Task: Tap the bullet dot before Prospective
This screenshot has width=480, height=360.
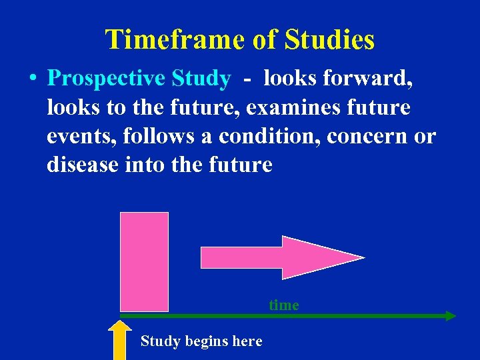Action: pyautogui.click(x=33, y=79)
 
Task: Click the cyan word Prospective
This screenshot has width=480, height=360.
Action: pyautogui.click(x=107, y=79)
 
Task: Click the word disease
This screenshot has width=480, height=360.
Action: pyautogui.click(x=83, y=165)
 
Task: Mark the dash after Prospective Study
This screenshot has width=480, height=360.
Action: pyautogui.click(x=247, y=79)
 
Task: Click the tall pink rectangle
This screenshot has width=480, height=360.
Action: pyautogui.click(x=144, y=261)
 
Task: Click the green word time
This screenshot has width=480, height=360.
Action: pyautogui.click(x=284, y=305)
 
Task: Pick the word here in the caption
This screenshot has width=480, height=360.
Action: pyautogui.click(x=247, y=341)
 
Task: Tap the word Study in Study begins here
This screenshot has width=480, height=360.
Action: pyautogui.click(x=160, y=341)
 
